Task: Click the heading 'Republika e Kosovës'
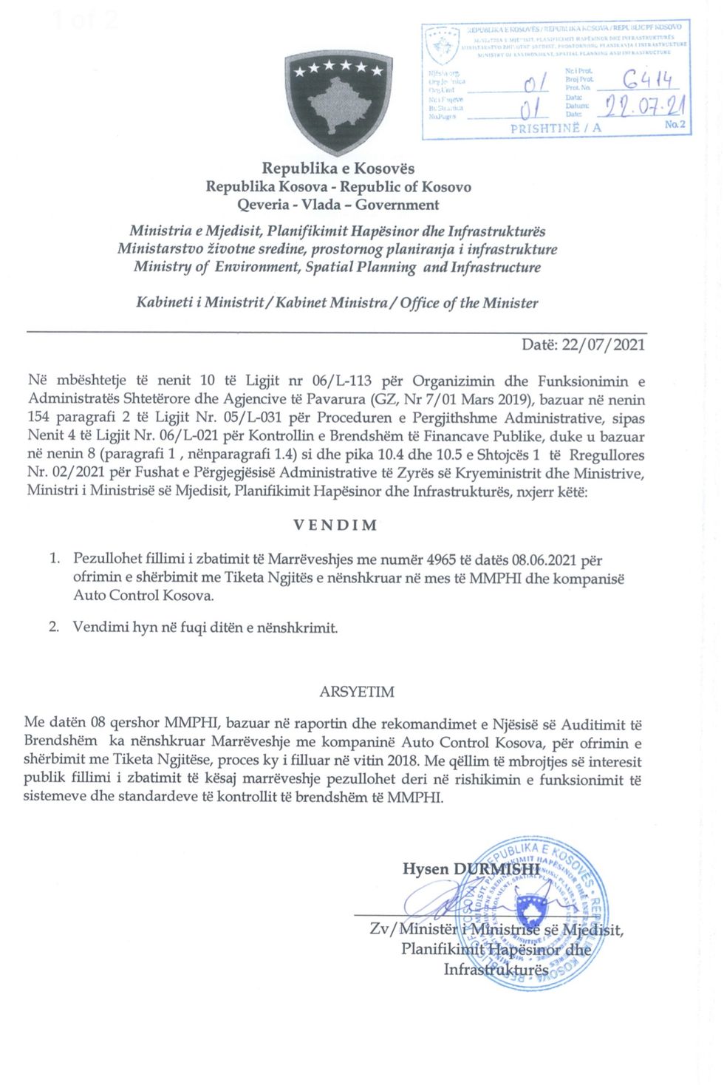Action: click(338, 169)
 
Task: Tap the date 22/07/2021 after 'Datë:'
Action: click(603, 344)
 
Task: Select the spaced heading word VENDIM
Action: click(336, 526)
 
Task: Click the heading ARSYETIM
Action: click(357, 692)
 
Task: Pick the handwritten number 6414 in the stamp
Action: click(646, 78)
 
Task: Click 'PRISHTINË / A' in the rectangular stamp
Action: click(556, 128)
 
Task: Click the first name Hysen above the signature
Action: click(426, 869)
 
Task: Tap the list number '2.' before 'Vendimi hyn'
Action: click(54, 627)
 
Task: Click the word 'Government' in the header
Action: click(397, 205)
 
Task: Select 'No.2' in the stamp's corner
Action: click(675, 125)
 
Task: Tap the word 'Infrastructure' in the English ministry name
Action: click(496, 267)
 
